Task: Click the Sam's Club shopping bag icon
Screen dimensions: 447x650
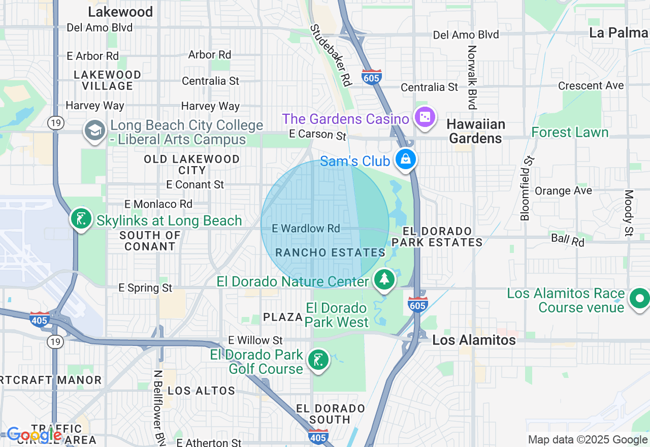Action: point(407,159)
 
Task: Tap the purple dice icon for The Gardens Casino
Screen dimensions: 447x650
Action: point(425,117)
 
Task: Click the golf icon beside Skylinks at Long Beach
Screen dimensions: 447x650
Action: point(81,219)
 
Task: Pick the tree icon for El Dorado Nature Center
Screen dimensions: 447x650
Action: point(385,279)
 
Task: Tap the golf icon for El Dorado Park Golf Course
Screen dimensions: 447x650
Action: point(318,360)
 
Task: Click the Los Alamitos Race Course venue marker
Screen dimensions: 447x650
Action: point(639,298)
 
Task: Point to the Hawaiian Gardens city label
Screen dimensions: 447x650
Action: point(476,131)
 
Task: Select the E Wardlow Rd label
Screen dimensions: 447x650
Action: point(306,229)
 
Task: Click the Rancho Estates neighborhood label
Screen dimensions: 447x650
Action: point(330,252)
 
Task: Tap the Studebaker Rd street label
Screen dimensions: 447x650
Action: point(331,55)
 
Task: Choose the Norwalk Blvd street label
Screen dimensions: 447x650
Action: point(472,77)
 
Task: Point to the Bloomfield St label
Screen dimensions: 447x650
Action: point(528,188)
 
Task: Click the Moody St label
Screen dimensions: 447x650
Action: point(629,213)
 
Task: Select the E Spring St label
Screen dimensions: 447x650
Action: point(145,288)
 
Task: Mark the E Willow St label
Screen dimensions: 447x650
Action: point(255,340)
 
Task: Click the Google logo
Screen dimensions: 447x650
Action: point(34,435)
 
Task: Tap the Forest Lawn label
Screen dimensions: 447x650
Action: point(569,133)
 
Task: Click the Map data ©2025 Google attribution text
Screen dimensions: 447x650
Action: point(588,440)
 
